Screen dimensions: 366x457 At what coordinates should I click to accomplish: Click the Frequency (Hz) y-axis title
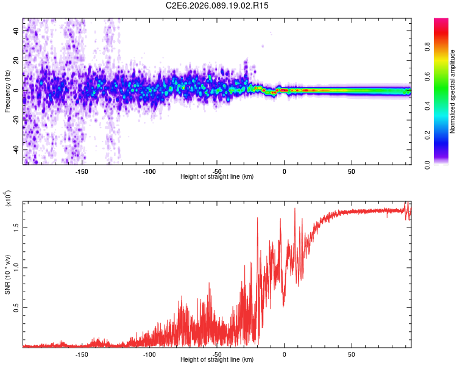pos(7,91)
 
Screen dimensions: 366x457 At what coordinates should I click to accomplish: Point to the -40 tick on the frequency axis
pos(16,150)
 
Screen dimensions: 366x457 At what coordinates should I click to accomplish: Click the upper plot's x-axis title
pos(217,177)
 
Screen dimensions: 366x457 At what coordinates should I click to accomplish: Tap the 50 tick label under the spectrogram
pos(351,171)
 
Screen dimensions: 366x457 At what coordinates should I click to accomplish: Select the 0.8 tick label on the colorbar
pos(428,47)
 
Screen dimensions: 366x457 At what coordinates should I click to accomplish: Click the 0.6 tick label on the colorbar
pos(428,76)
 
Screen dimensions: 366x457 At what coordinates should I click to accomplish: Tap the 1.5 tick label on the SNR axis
pos(16,227)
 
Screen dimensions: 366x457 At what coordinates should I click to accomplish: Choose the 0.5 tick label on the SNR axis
pos(16,309)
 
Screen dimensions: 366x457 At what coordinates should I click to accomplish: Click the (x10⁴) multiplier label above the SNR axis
pos(7,199)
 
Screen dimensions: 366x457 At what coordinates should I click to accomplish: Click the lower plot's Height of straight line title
pos(217,360)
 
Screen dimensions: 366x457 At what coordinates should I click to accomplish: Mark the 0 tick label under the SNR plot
pos(284,354)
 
